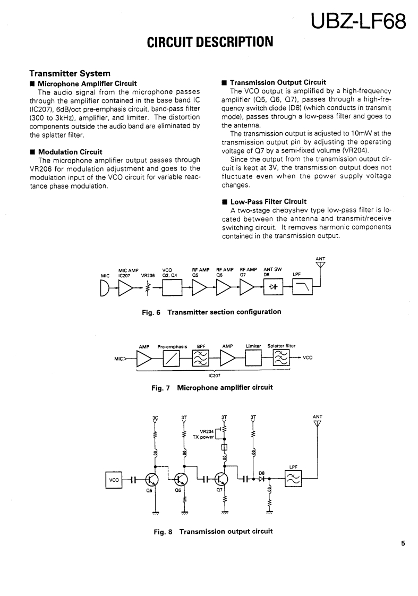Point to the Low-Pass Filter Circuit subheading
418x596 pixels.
pos(268,201)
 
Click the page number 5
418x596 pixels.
pos(403,543)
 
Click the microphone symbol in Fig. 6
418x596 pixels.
pos(105,287)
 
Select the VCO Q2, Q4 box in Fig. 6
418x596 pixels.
pos(172,287)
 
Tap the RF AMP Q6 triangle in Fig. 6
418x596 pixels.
pos(222,287)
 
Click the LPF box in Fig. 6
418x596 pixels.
pos(302,287)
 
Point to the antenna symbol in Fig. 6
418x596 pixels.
pos(320,265)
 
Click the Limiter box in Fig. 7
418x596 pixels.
pos(253,359)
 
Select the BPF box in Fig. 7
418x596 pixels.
pos(201,359)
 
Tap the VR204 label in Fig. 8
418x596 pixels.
pos(207,431)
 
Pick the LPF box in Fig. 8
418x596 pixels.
pos(293,479)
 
